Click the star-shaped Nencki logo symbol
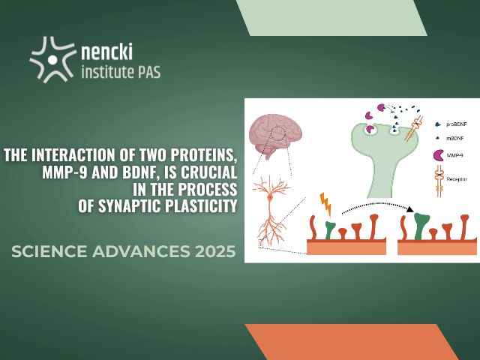point(52,60)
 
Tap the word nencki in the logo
point(106,51)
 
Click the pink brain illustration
point(275,135)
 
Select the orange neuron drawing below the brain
point(271,211)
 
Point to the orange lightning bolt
point(325,205)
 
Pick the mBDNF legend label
point(455,138)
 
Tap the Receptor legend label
point(457,179)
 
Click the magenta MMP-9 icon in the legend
point(438,155)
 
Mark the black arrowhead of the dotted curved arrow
point(410,209)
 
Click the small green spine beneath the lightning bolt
point(330,230)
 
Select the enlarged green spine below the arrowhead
point(421,226)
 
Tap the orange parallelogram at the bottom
point(352,342)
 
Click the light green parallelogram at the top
point(331,18)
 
